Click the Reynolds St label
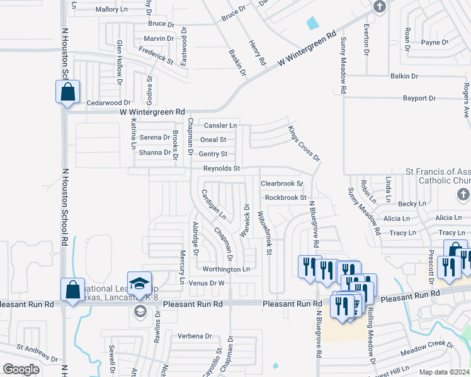[x=221, y=168]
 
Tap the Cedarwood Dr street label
[x=108, y=102]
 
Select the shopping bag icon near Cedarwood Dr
[x=67, y=92]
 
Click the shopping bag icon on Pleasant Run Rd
[x=72, y=290]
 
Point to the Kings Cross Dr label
[x=304, y=143]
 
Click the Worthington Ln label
[x=227, y=269]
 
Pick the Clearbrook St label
[x=281, y=183]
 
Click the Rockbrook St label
[x=285, y=197]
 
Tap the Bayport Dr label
[x=419, y=99]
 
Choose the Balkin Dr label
[x=404, y=76]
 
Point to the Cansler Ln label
[x=220, y=126]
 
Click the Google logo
[x=21, y=369]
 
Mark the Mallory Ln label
[x=111, y=9]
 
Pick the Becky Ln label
[x=412, y=204]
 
